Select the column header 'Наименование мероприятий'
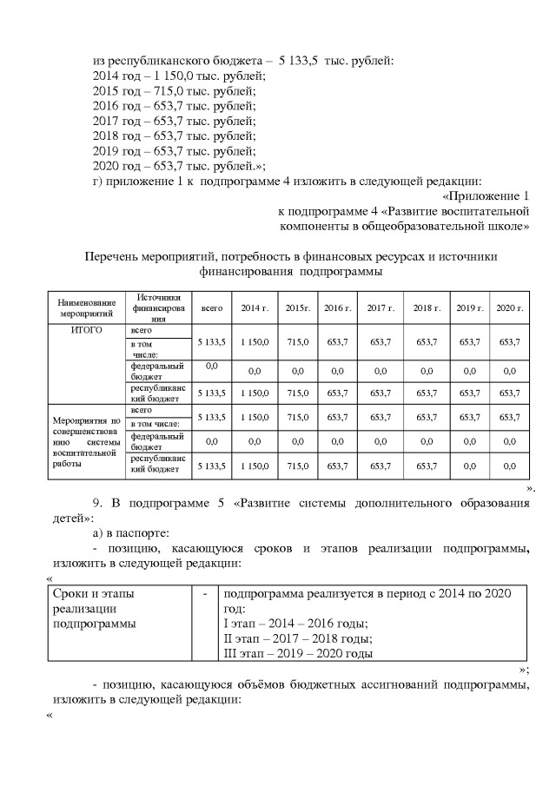pyautogui.click(x=80, y=308)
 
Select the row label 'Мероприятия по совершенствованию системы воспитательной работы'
pyautogui.click(x=83, y=438)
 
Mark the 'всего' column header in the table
pyautogui.click(x=211, y=308)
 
